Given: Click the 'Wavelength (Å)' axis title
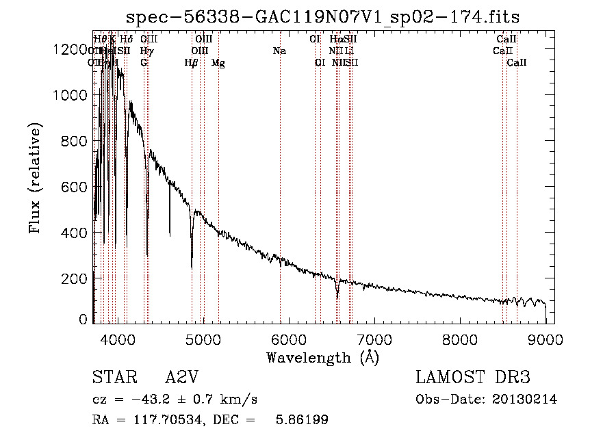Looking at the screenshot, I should point(322,357).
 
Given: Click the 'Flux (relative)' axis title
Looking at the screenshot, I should point(35,178).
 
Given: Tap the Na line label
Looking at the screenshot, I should point(279,51).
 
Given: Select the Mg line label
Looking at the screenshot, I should point(218,63).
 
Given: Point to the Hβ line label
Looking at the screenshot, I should point(192,63).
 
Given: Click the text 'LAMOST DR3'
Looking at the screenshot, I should point(473,378).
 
